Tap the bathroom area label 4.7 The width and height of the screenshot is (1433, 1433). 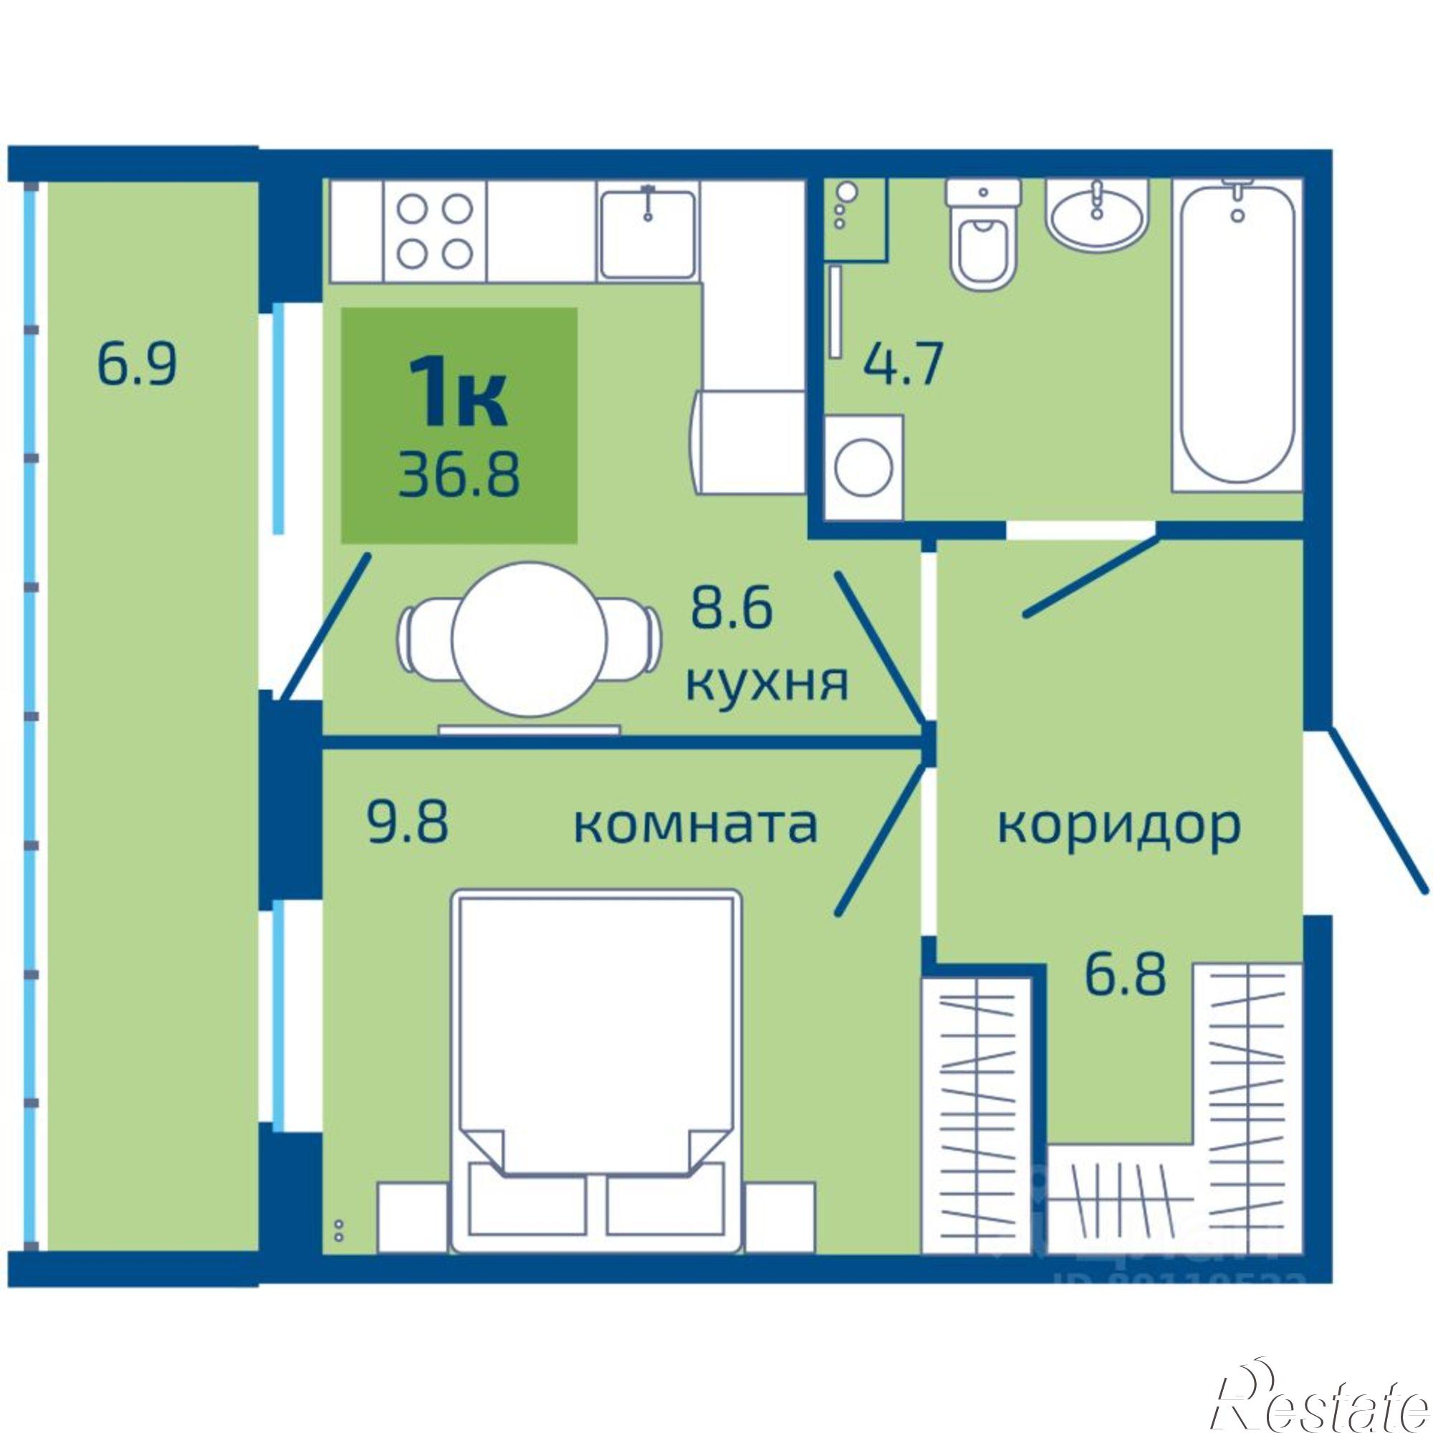click(904, 366)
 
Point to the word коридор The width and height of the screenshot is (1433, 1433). click(1118, 826)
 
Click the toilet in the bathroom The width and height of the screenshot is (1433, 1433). click(984, 237)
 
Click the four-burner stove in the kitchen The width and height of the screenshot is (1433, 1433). click(435, 232)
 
